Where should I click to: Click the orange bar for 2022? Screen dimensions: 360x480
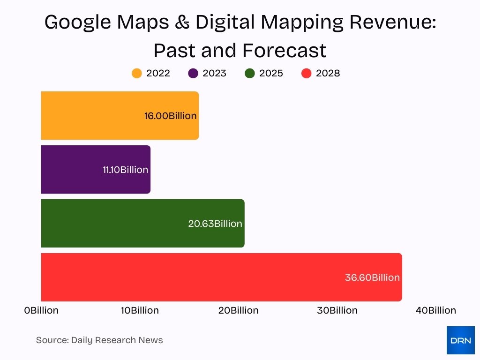coord(94,115)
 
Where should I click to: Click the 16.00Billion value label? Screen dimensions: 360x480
coord(170,116)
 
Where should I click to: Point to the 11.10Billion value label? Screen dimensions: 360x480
coord(125,170)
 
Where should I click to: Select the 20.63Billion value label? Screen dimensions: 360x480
coord(215,224)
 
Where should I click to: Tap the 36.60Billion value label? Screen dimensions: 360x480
coord(372,277)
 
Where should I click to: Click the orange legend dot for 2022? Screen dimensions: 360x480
coord(137,74)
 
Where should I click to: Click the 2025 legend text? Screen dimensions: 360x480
coord(271,74)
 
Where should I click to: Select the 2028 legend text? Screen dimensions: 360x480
coord(328,74)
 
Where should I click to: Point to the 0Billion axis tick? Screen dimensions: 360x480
coord(41,310)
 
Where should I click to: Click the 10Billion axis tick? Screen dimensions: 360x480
coord(140,310)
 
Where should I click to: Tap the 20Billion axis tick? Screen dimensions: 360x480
coord(238,310)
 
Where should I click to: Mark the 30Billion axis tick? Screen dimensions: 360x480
coord(337,310)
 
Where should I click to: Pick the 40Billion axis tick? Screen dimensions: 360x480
coord(435,310)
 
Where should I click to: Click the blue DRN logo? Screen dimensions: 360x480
coord(460,340)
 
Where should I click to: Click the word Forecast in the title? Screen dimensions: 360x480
coord(284,50)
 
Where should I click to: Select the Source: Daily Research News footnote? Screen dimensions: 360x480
coord(99,340)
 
